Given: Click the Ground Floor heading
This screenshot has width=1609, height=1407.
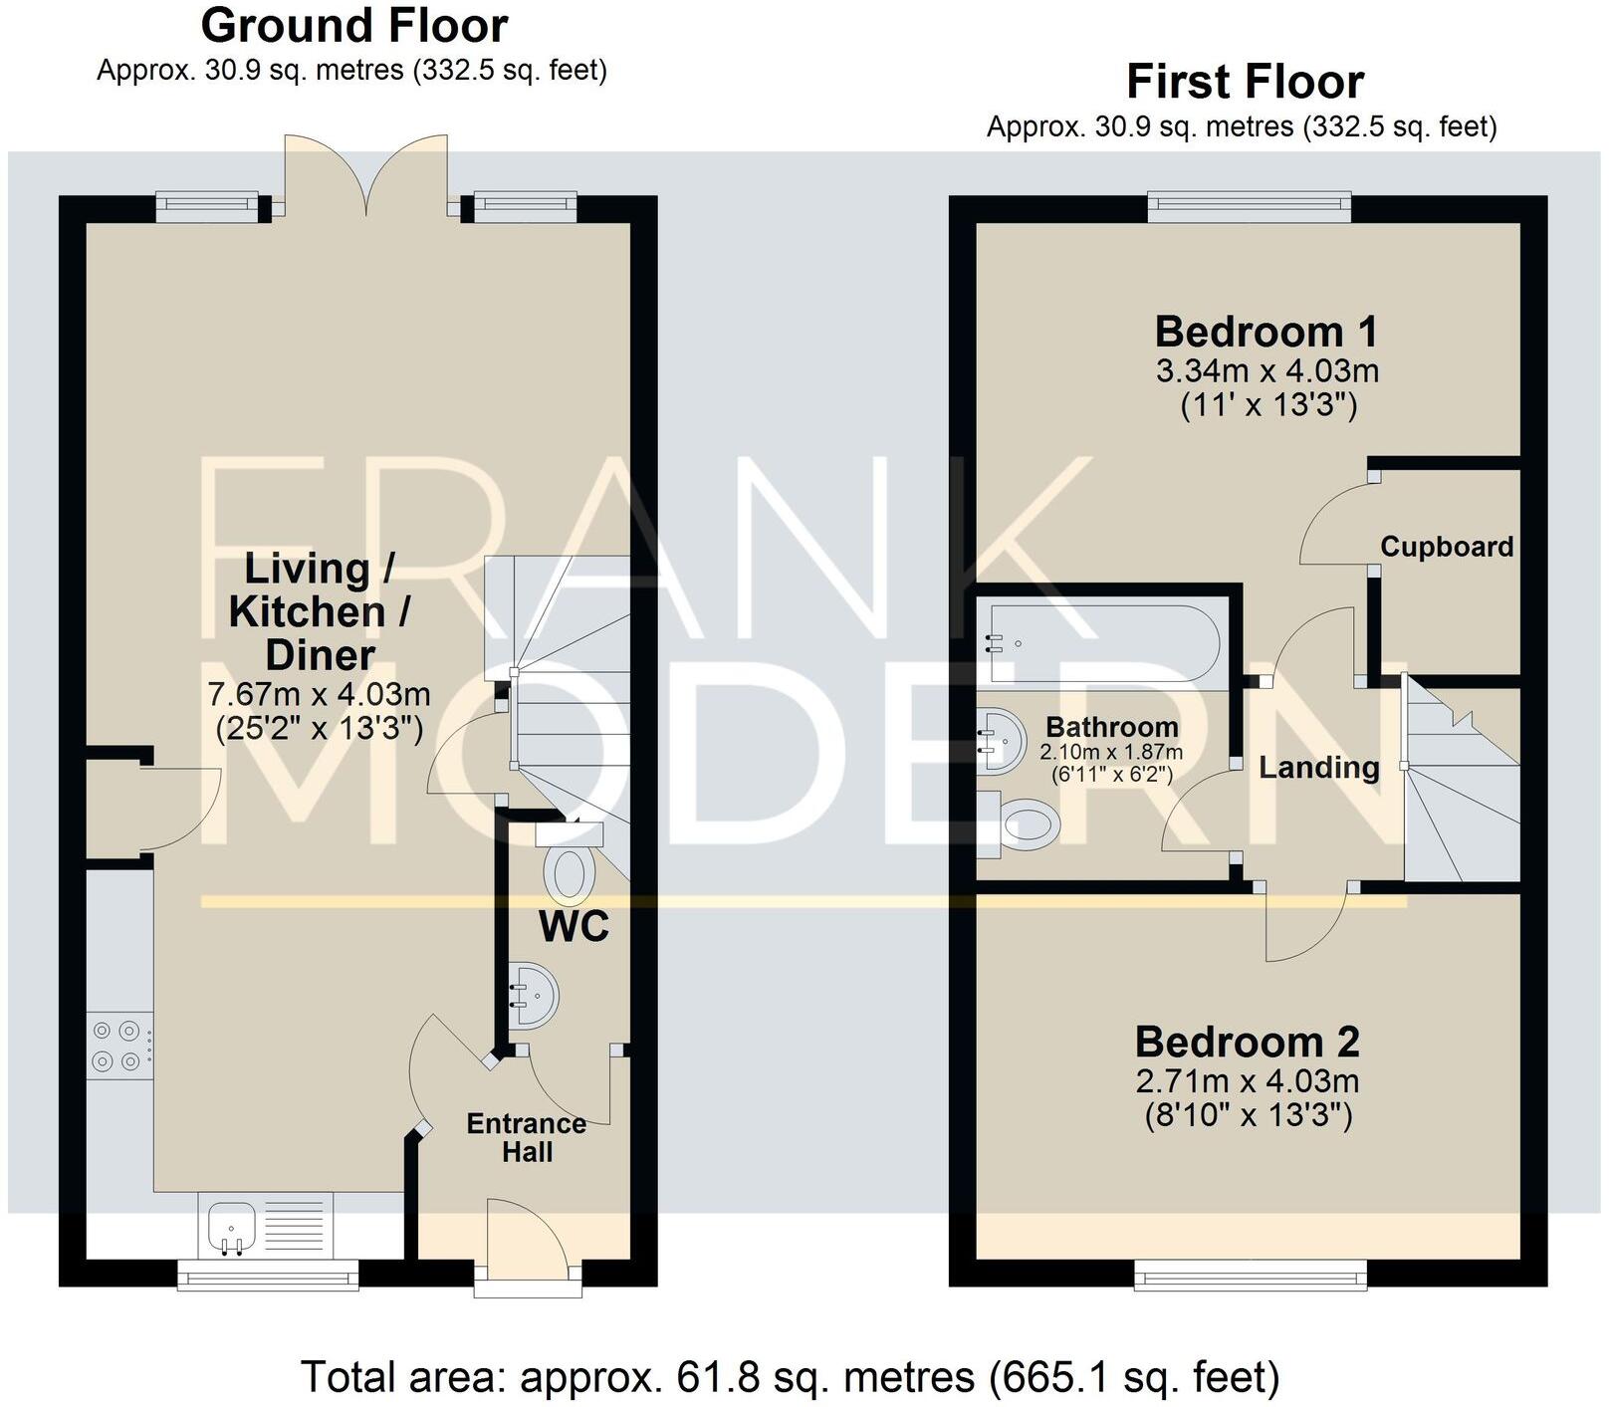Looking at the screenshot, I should [353, 26].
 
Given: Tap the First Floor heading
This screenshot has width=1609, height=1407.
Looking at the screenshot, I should [1244, 82].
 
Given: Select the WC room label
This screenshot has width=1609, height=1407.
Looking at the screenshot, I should [574, 927].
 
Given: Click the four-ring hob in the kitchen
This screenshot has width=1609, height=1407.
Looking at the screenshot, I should [117, 1047].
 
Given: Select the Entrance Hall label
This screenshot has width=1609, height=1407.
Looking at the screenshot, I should [527, 1137].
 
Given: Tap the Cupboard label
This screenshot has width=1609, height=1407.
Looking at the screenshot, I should [1446, 547].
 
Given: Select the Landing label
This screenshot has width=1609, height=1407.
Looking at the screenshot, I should [1318, 767].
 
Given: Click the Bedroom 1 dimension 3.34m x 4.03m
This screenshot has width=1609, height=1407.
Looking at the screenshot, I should [1266, 371].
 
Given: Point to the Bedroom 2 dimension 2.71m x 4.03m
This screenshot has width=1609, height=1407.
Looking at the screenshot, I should [1247, 1080].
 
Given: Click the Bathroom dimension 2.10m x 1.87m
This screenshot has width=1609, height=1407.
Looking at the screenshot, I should [1110, 753].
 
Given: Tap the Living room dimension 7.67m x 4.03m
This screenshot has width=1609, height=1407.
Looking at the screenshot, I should [319, 693].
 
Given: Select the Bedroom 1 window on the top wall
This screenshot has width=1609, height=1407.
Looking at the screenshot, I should [1249, 207].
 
